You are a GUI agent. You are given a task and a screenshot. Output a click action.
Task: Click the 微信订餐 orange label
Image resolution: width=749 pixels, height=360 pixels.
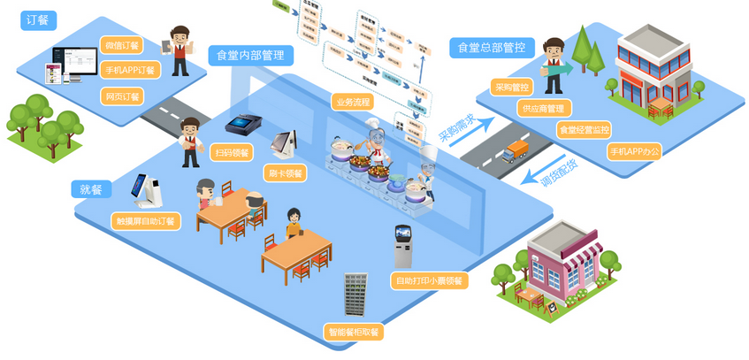click(122, 45)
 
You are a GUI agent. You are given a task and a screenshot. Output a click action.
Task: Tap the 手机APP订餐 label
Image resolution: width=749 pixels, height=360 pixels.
click(129, 71)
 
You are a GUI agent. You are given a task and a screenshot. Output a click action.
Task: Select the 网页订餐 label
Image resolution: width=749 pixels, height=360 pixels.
click(122, 96)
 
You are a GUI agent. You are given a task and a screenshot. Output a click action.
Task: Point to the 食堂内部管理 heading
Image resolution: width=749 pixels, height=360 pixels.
click(251, 56)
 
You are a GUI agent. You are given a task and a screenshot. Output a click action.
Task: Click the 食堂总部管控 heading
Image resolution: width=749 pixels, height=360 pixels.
click(491, 46)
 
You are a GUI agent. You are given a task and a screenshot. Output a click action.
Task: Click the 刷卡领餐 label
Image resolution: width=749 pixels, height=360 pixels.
click(283, 173)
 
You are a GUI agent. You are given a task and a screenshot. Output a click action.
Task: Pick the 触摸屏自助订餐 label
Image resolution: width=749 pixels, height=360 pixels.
click(146, 220)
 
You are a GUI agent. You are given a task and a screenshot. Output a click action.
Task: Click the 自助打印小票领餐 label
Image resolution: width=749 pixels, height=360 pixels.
click(428, 280)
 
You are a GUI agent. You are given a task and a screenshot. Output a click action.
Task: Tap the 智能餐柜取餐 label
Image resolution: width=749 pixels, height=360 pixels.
click(353, 333)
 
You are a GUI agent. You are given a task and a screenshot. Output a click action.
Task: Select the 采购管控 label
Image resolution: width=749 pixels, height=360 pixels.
click(513, 88)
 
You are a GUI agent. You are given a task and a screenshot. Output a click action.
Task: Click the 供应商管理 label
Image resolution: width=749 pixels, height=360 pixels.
click(543, 109)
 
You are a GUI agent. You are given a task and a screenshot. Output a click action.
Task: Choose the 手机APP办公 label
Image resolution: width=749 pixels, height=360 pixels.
click(634, 151)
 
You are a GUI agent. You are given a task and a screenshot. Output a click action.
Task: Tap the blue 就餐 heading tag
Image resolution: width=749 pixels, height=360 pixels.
click(91, 189)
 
